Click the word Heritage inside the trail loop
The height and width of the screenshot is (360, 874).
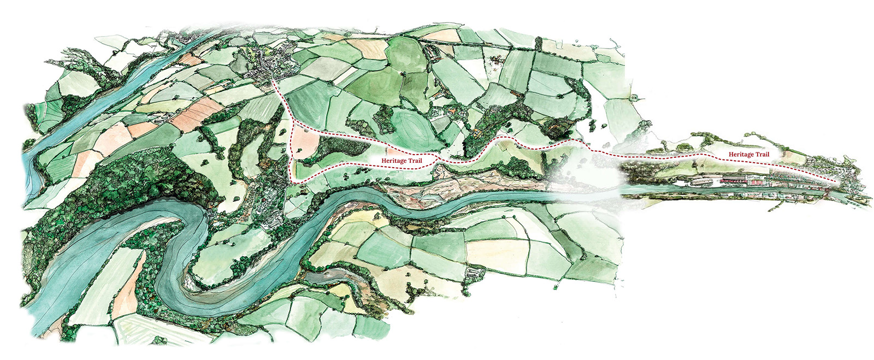pyautogui.click(x=394, y=161)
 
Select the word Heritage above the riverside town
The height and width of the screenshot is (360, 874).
pyautogui.click(x=741, y=155)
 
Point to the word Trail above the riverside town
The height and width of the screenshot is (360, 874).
pyautogui.click(x=762, y=155)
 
